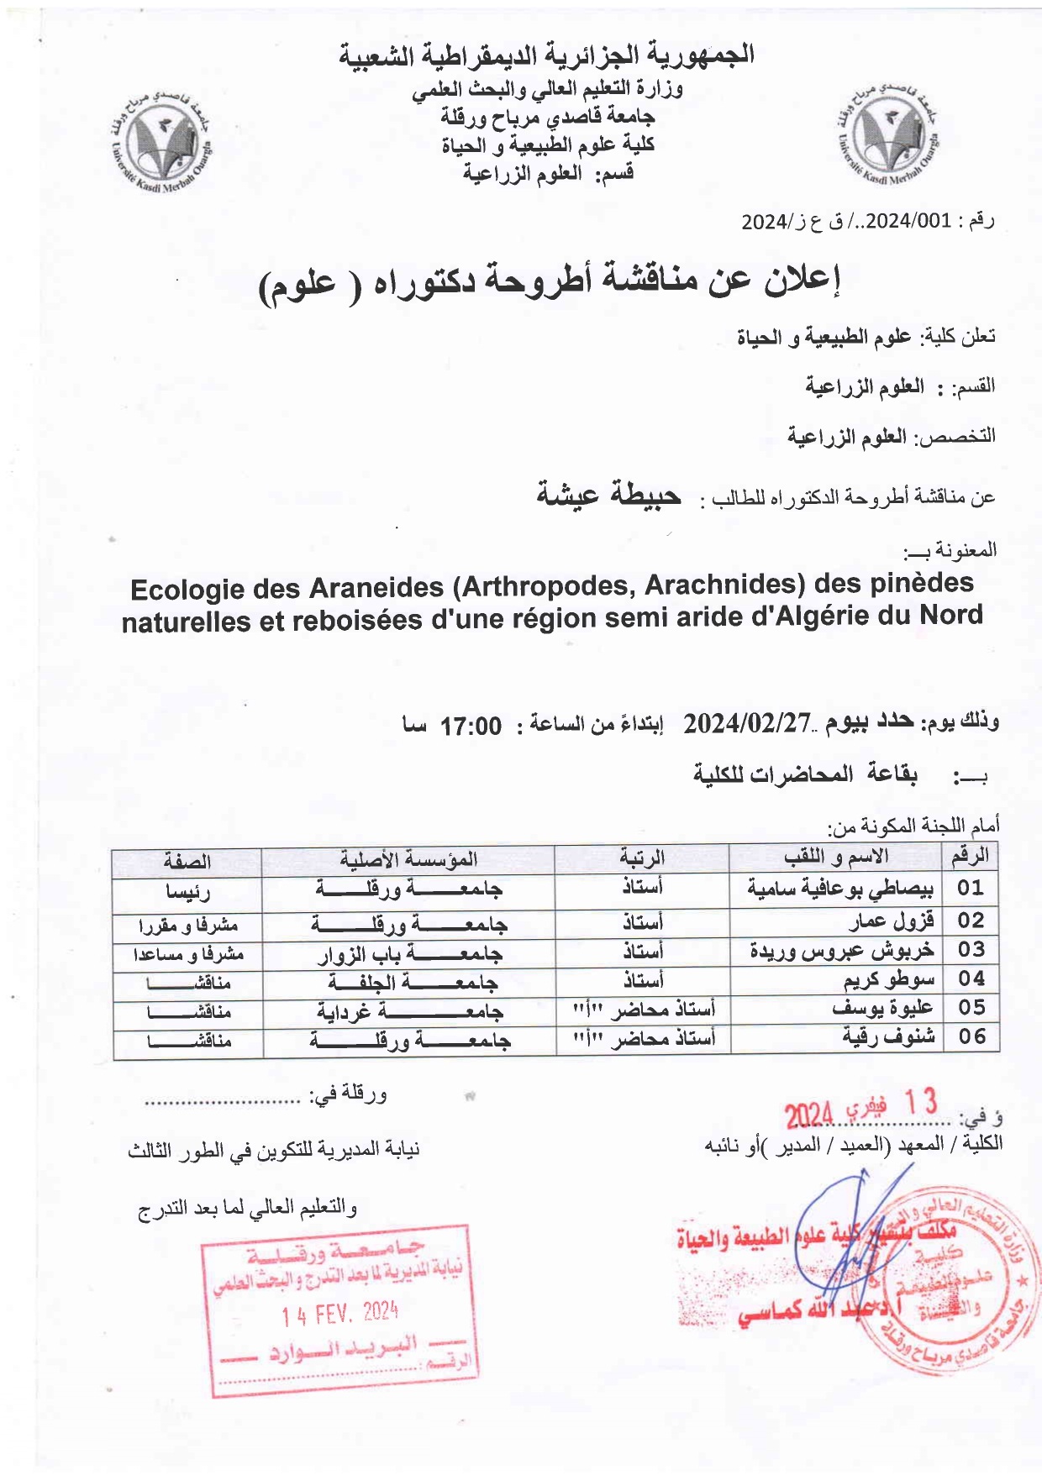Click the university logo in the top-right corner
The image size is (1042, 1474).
887,135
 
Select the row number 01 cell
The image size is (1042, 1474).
970,888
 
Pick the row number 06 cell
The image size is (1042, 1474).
971,1036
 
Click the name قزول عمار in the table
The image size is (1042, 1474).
892,921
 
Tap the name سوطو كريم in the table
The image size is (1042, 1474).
888,979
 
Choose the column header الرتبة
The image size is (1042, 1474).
642,858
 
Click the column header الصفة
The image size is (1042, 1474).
187,861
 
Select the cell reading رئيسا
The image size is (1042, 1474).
187,891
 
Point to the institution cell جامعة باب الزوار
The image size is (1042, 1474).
409,953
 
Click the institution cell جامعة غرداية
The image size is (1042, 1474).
409,1010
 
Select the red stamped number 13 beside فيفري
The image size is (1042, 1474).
919,1102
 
